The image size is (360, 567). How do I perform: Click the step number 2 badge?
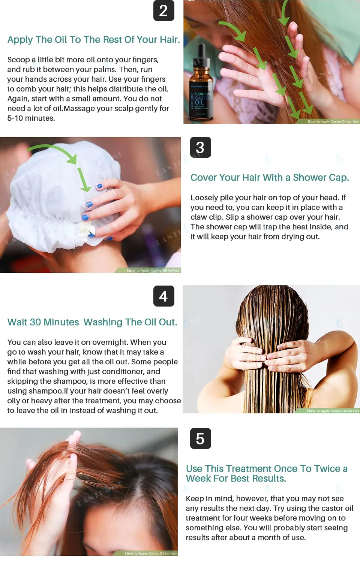point(163,10)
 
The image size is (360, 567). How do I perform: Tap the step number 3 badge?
point(200,147)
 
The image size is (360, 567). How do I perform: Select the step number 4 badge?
point(163,296)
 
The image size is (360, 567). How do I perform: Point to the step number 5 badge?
point(200,438)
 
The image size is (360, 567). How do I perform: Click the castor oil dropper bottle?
point(201,90)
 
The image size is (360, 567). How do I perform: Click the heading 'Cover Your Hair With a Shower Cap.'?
point(269,178)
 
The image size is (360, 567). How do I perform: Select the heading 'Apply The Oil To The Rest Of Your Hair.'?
point(93,40)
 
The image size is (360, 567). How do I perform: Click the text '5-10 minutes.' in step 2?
point(31,118)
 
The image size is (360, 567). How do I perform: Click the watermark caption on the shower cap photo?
point(153,270)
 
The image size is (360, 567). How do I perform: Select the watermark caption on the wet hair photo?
point(333,411)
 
